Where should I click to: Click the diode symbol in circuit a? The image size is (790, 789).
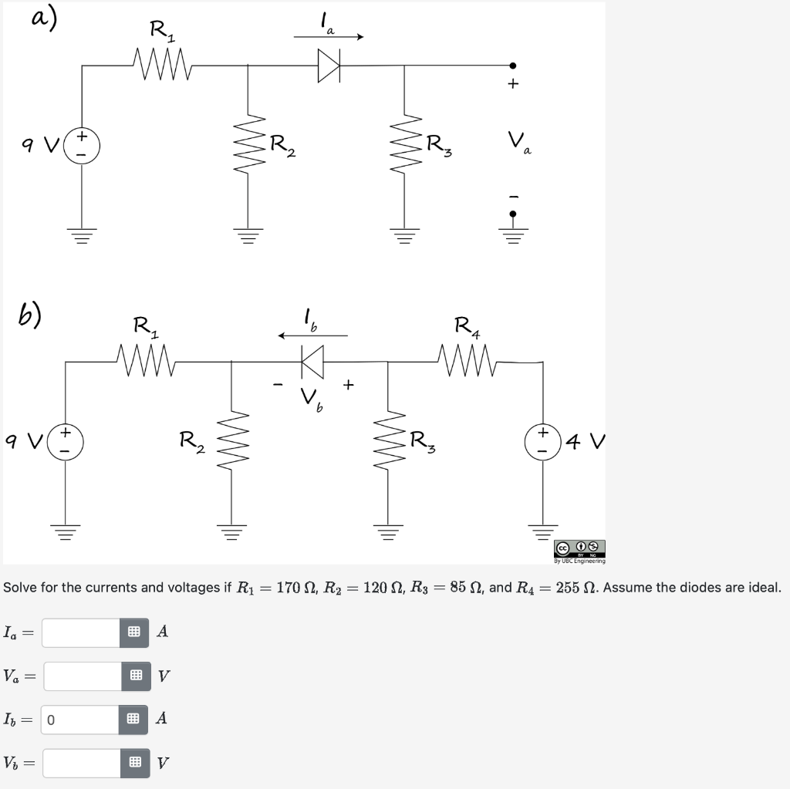pos(329,66)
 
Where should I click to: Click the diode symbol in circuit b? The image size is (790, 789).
pos(312,359)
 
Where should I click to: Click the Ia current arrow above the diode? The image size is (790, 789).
pos(327,35)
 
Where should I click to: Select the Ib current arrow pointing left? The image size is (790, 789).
pos(312,335)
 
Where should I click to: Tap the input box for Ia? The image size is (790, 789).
pos(82,632)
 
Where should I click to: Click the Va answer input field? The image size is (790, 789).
pos(82,676)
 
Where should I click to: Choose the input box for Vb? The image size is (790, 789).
pos(82,763)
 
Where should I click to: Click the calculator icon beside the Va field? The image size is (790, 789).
pos(137,676)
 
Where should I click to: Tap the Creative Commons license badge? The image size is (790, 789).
pos(579,548)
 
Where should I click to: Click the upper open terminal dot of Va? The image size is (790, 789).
pos(513,66)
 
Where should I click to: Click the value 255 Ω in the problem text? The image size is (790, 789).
pos(575,588)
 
